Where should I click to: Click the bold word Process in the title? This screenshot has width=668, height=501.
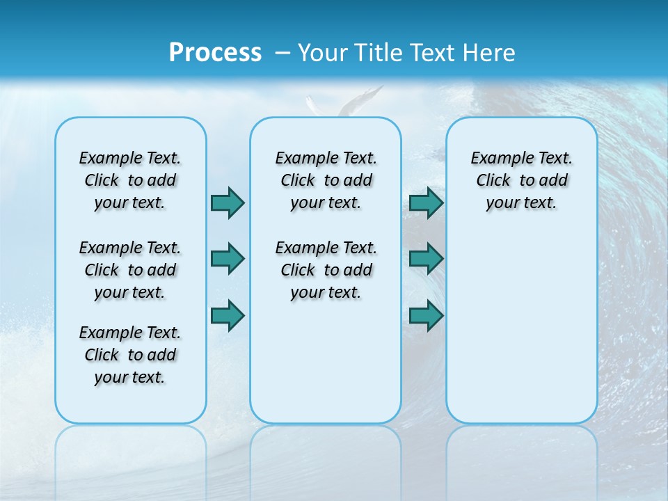tap(215, 53)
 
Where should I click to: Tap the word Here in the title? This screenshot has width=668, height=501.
tap(490, 53)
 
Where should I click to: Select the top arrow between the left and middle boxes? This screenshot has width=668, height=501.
tap(228, 202)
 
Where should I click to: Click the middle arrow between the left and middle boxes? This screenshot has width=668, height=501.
tap(228, 259)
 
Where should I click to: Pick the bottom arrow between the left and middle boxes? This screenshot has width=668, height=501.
tap(228, 316)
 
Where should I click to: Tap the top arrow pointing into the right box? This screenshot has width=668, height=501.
tap(426, 202)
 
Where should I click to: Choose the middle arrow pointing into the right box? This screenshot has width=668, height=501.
tap(426, 259)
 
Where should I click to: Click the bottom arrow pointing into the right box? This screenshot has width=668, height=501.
tap(426, 316)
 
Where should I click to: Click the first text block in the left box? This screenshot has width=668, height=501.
tap(130, 180)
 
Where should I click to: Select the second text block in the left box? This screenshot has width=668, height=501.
tap(130, 270)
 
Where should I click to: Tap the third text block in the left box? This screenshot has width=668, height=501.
tap(130, 355)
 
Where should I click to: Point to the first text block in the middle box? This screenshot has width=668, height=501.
tap(326, 180)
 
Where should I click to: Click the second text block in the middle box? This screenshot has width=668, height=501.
tap(326, 270)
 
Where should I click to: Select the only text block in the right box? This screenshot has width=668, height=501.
tap(521, 180)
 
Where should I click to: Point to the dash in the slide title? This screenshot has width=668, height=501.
tap(283, 53)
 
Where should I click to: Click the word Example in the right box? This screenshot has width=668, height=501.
tap(496, 159)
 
